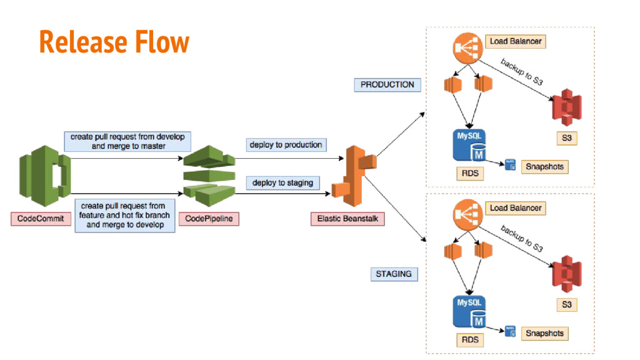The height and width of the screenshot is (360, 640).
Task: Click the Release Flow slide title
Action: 114,42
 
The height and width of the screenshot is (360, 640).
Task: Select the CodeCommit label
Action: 41,219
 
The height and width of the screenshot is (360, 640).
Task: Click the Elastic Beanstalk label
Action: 347,219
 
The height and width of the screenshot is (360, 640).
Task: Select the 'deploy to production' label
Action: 286,145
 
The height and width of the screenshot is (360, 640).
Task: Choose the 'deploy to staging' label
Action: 282,183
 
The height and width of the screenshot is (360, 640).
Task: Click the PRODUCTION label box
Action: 387,84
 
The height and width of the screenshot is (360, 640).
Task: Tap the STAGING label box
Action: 394,274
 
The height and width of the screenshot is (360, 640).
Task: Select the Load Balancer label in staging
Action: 516,207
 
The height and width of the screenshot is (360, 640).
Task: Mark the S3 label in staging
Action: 566,305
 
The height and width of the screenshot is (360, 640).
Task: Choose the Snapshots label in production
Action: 544,167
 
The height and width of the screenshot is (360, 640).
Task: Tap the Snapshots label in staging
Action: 544,334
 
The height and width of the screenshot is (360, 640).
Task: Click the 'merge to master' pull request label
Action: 127,141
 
